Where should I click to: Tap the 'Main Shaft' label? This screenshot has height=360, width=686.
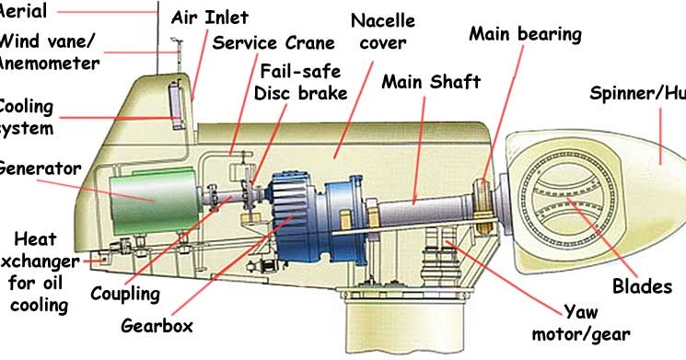431,82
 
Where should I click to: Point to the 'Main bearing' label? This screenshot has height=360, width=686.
525,34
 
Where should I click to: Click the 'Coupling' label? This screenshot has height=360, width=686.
125,295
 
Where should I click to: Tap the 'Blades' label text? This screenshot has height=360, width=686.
642,286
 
